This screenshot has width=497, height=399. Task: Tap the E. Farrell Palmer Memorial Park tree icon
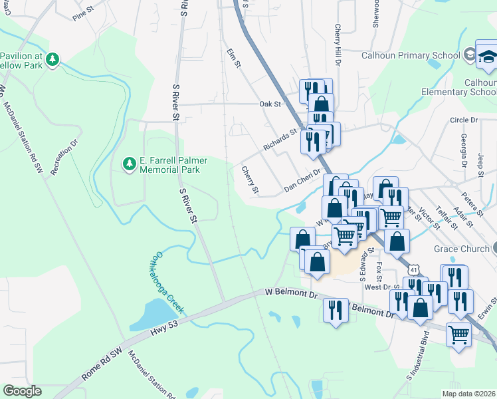pyautogui.click(x=128, y=163)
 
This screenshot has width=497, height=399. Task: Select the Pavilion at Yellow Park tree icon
pyautogui.click(x=52, y=59)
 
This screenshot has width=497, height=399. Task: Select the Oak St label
pyautogui.click(x=270, y=104)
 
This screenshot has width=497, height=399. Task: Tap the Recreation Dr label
pyautogui.click(x=64, y=157)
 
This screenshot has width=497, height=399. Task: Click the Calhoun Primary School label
pyautogui.click(x=411, y=56)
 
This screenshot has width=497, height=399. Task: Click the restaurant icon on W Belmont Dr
pyautogui.click(x=334, y=310)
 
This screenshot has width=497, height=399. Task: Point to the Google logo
pyautogui.click(x=22, y=391)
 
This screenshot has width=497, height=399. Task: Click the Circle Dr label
pyautogui.click(x=464, y=120)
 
